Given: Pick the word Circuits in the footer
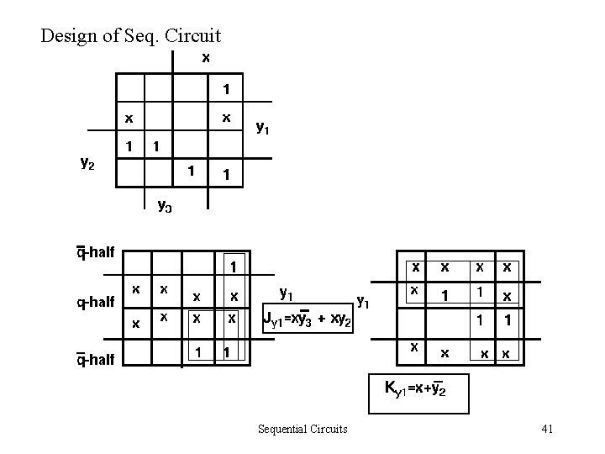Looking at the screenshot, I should click(327, 430).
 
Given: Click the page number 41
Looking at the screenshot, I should click(547, 430).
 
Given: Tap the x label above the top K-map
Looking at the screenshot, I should click(206, 58).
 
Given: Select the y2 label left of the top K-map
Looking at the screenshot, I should click(87, 165).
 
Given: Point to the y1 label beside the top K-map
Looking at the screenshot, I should click(262, 128).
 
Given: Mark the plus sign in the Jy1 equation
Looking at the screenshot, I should click(322, 319).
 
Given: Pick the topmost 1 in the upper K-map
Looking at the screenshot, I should click(226, 89).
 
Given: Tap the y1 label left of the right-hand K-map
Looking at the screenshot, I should click(364, 298).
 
